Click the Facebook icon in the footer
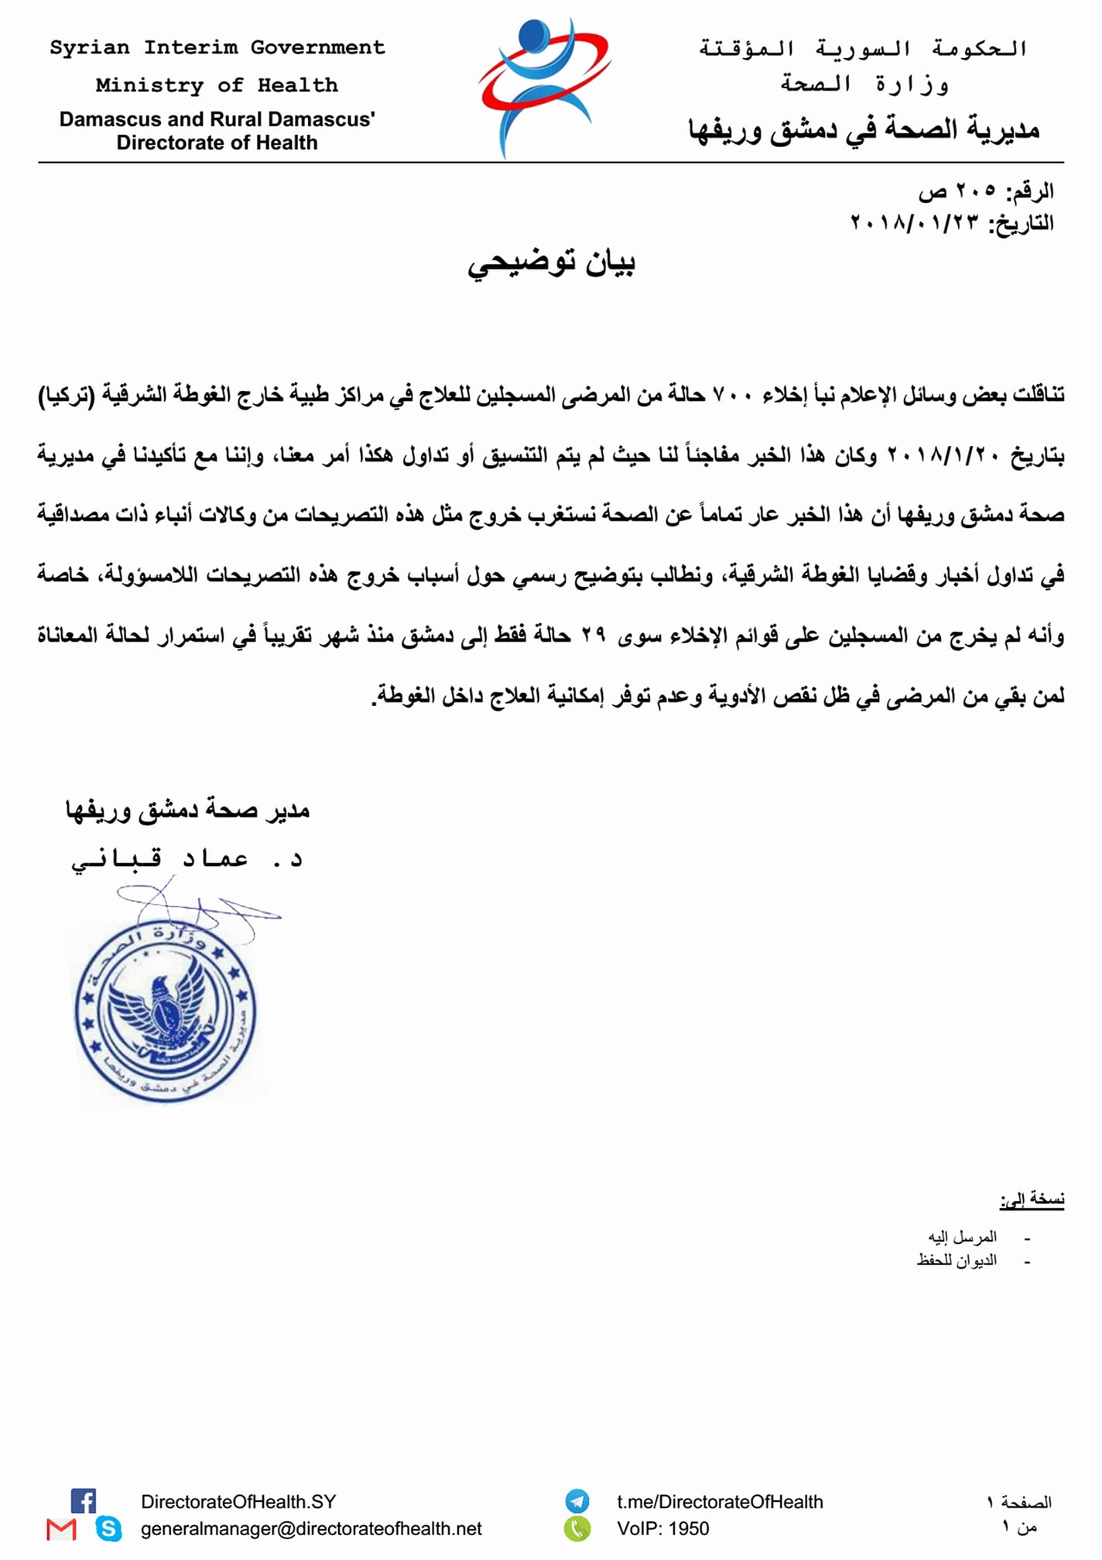click(x=84, y=1500)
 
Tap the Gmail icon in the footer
click(x=61, y=1529)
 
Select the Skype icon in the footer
click(x=108, y=1528)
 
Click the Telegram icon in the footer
click(x=577, y=1501)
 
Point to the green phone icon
click(x=577, y=1528)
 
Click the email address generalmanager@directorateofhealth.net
click(x=311, y=1528)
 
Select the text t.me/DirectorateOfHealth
click(x=720, y=1502)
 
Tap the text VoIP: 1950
click(x=662, y=1528)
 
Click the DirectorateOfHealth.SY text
click(x=238, y=1502)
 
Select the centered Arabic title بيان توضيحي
click(x=551, y=263)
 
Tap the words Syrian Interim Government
click(x=217, y=48)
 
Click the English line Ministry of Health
click(x=217, y=85)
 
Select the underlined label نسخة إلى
click(x=1032, y=1199)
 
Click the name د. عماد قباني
click(x=187, y=859)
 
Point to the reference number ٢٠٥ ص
click(x=957, y=190)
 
